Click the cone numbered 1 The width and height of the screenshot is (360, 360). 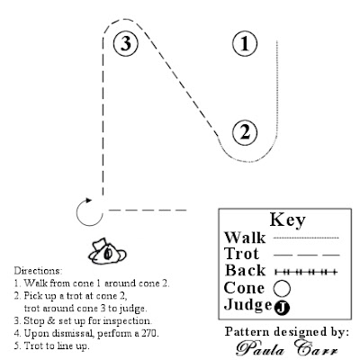tap(245, 42)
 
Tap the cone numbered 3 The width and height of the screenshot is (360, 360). tap(127, 42)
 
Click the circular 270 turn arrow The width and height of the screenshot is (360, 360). tap(87, 213)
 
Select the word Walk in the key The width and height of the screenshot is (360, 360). tap(244, 238)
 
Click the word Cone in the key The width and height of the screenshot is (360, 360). tap(244, 289)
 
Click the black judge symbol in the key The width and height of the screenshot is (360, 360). tap(283, 308)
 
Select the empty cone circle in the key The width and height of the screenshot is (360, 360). tap(282, 289)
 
